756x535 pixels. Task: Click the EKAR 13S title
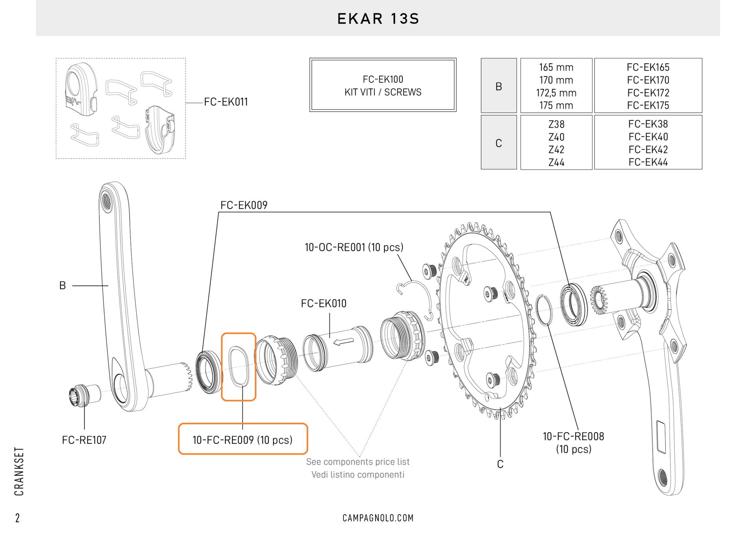pyautogui.click(x=378, y=19)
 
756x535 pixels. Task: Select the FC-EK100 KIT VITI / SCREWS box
pyautogui.click(x=383, y=85)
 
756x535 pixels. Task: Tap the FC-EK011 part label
pyautogui.click(x=226, y=102)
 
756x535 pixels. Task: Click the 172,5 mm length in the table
pyautogui.click(x=556, y=93)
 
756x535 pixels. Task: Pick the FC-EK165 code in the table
pyautogui.click(x=648, y=67)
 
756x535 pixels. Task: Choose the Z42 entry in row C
pyautogui.click(x=556, y=150)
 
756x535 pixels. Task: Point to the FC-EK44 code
pyautogui.click(x=648, y=162)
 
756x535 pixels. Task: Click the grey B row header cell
pyautogui.click(x=498, y=86)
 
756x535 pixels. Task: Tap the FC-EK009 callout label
pyautogui.click(x=244, y=205)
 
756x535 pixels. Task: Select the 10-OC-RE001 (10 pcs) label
pyautogui.click(x=354, y=247)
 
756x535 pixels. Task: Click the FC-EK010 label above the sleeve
pyautogui.click(x=324, y=303)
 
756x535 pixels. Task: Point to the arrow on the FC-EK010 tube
pyautogui.click(x=344, y=342)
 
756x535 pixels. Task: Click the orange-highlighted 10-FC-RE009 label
pyautogui.click(x=243, y=440)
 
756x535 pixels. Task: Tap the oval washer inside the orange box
pyautogui.click(x=239, y=366)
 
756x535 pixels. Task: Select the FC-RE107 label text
pyautogui.click(x=84, y=440)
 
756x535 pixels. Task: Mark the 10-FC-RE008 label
pyautogui.click(x=573, y=437)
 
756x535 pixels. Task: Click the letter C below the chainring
pyautogui.click(x=500, y=464)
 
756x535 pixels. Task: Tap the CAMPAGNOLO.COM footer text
pyautogui.click(x=378, y=518)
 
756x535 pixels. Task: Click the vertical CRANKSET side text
pyautogui.click(x=19, y=471)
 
